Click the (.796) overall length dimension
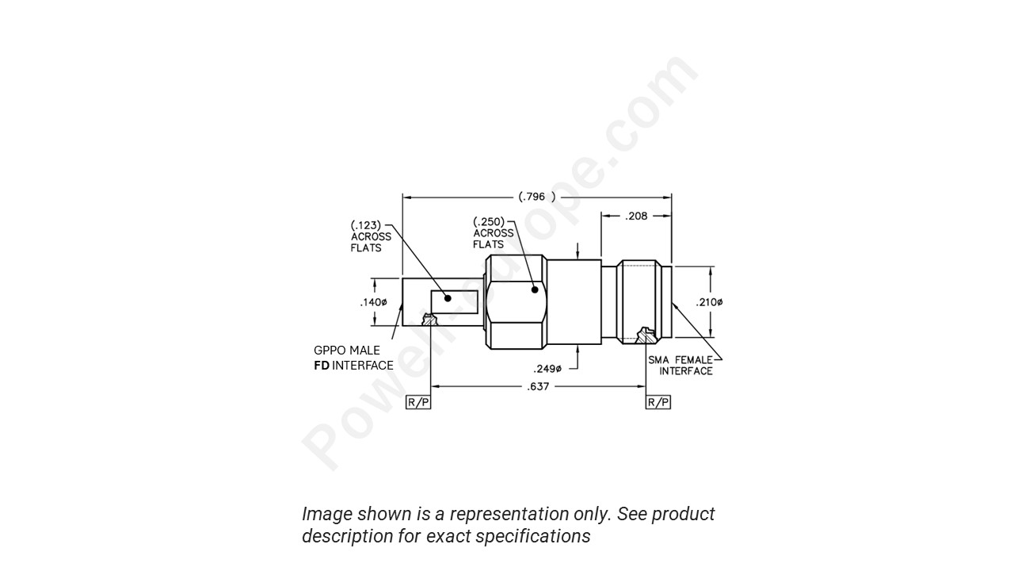point(536,197)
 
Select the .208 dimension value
point(636,215)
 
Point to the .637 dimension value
point(538,386)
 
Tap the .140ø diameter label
point(373,302)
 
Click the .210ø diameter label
point(709,302)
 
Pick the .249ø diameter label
point(547,369)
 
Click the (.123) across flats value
point(367,225)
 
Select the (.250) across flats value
point(489,222)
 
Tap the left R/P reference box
point(418,402)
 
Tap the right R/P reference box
point(658,402)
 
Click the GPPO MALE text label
point(347,351)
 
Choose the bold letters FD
point(322,366)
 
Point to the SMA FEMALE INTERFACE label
point(680,366)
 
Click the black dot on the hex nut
point(535,289)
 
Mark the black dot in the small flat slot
point(448,298)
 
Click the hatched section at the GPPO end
point(430,320)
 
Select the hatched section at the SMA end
point(646,336)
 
